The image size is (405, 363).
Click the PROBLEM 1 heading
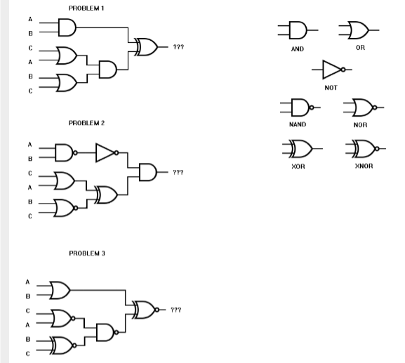86,7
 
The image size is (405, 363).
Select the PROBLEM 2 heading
86,123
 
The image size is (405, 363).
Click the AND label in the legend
297,50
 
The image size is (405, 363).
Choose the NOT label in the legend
331,88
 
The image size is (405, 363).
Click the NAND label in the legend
297,124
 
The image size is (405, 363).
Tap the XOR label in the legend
297,166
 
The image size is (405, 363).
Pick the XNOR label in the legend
363,166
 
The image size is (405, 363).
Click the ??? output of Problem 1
178,46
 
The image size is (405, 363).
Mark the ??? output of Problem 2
178,171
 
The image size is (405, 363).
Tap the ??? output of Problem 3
176,308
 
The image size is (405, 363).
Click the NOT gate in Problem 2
106,153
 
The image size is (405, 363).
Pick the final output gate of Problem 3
145,308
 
